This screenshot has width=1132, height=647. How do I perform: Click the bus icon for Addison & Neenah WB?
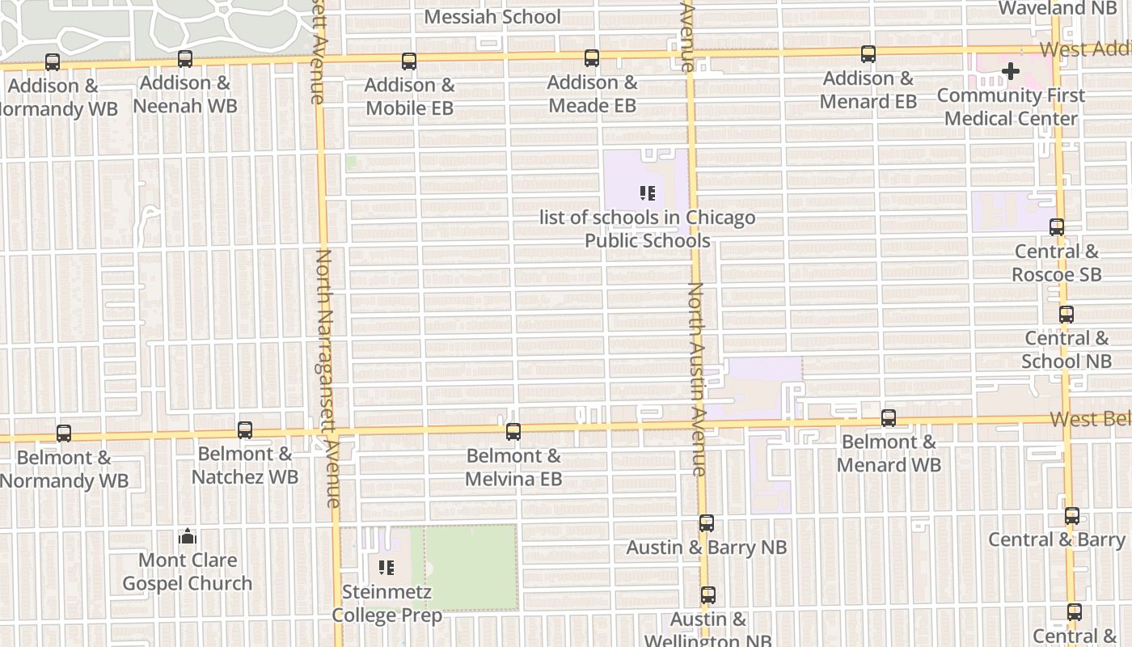[x=185, y=59]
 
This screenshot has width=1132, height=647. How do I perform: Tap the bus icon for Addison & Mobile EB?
[x=409, y=61]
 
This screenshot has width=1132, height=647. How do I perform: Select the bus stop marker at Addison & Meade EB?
[x=592, y=58]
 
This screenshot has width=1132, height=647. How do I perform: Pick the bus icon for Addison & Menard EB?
[x=868, y=55]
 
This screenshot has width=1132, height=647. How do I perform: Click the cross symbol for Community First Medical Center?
[x=1011, y=72]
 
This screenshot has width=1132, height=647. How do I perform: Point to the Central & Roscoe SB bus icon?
[x=1057, y=228]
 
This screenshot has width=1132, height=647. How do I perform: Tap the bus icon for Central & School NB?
[x=1067, y=315]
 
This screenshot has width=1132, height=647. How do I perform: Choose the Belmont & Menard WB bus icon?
[x=889, y=418]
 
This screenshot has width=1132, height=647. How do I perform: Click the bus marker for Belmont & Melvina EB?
[x=513, y=432]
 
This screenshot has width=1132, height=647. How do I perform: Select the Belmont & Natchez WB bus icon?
[x=245, y=430]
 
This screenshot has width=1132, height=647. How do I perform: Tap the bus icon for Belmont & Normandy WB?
[x=64, y=433]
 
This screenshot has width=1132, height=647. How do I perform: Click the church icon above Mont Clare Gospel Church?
[x=188, y=536]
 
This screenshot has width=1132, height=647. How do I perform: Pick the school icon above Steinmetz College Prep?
[x=386, y=568]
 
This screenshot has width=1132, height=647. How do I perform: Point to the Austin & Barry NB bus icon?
[x=707, y=523]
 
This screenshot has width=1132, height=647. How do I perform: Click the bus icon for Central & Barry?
[x=1072, y=516]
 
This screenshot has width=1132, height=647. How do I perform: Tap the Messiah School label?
[x=492, y=17]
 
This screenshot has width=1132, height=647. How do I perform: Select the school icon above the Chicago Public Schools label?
[x=647, y=193]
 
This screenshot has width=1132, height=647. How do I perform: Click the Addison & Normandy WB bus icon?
[x=53, y=62]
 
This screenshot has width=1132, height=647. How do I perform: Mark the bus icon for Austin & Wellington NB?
[x=708, y=595]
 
